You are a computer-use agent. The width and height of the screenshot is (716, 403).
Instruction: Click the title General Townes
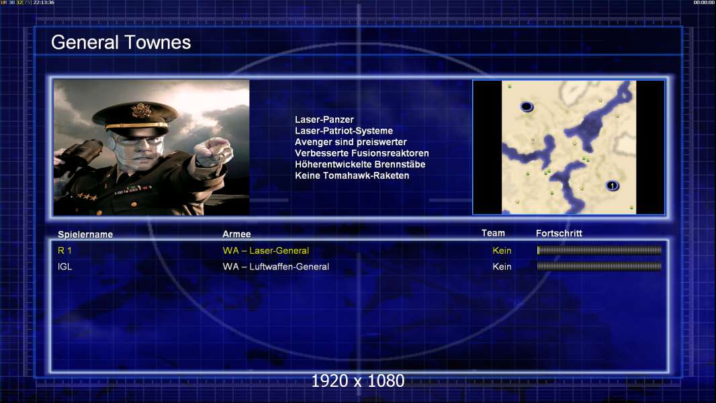pos(121,42)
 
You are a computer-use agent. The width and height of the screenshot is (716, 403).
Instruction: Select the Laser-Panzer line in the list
pos(324,120)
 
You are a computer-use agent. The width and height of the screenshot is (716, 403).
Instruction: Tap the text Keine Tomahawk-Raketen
pos(352,176)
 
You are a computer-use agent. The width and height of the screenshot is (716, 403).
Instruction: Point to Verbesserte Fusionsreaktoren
pos(361,153)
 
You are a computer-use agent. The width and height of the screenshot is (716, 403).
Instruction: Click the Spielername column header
pos(85,234)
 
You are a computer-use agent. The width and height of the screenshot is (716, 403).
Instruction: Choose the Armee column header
pos(236,234)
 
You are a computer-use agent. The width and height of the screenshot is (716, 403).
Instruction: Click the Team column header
pos(493,233)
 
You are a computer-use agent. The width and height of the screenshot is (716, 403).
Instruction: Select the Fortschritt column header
pos(559,233)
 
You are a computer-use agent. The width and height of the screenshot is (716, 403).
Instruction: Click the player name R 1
pos(64,251)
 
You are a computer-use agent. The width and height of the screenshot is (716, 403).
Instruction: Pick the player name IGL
pos(65,267)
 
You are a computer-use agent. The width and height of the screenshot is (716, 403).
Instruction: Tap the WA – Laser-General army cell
pos(266,251)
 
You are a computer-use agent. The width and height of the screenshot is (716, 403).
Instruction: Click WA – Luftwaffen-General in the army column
pos(276,267)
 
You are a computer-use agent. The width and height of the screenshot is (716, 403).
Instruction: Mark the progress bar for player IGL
pos(599,266)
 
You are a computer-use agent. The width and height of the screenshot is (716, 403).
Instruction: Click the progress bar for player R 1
pos(599,250)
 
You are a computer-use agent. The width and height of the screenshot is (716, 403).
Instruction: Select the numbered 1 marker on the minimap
pos(613,186)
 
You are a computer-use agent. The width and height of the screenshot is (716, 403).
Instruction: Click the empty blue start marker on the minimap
pos(527,106)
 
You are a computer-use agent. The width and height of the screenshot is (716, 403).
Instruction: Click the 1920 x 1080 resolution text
pos(358,381)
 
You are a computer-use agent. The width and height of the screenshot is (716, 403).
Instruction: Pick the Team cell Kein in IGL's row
pos(502,267)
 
